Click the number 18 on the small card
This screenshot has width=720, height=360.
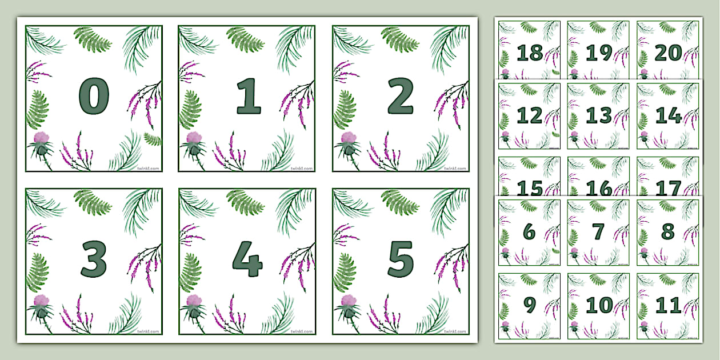click(x=529, y=53)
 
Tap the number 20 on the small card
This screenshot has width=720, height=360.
click(x=668, y=53)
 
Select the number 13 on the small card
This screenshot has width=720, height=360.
click(x=599, y=116)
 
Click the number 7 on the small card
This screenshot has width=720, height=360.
click(x=598, y=232)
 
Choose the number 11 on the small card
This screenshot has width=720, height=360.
click(x=668, y=305)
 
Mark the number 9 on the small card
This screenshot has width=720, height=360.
click(x=529, y=305)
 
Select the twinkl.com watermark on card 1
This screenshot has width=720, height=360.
click(x=301, y=169)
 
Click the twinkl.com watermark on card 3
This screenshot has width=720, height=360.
click(x=147, y=331)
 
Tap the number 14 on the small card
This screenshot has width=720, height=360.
click(x=668, y=116)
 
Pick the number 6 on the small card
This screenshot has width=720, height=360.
click(x=529, y=232)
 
